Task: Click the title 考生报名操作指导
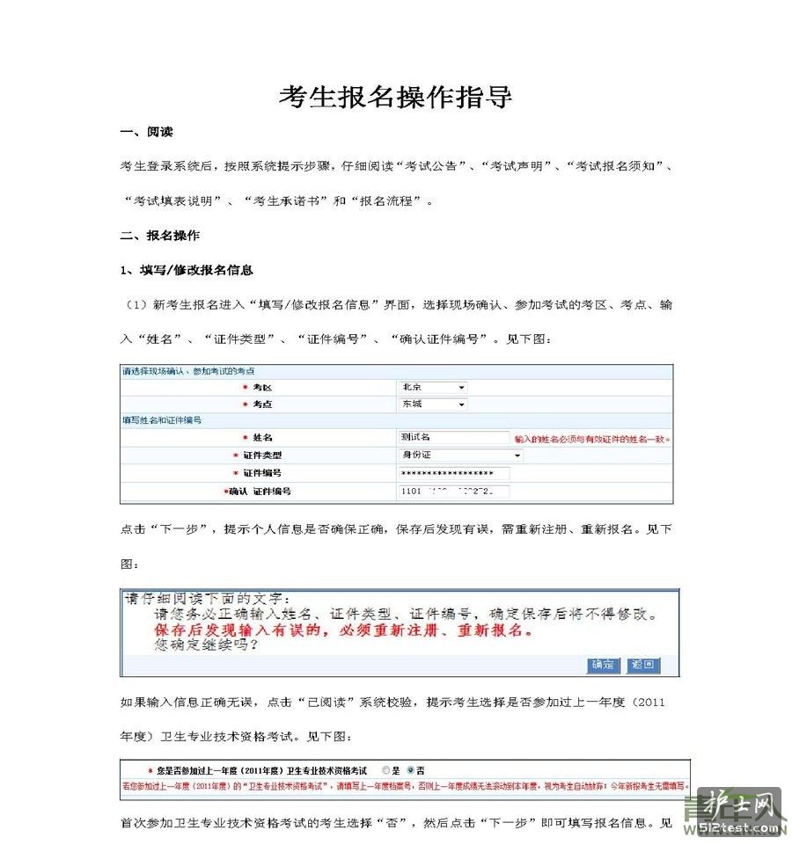click(x=395, y=97)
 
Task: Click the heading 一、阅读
click(x=146, y=132)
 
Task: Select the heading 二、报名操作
click(x=159, y=236)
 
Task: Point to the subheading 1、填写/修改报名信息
click(x=187, y=270)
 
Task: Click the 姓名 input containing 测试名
click(x=453, y=437)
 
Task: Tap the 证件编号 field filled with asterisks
click(x=453, y=474)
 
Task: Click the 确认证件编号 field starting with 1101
click(x=453, y=492)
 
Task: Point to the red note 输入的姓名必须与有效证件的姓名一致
click(x=592, y=439)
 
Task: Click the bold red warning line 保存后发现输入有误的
click(x=343, y=631)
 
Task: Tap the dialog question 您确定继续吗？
click(x=206, y=646)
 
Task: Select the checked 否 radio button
click(x=410, y=769)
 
